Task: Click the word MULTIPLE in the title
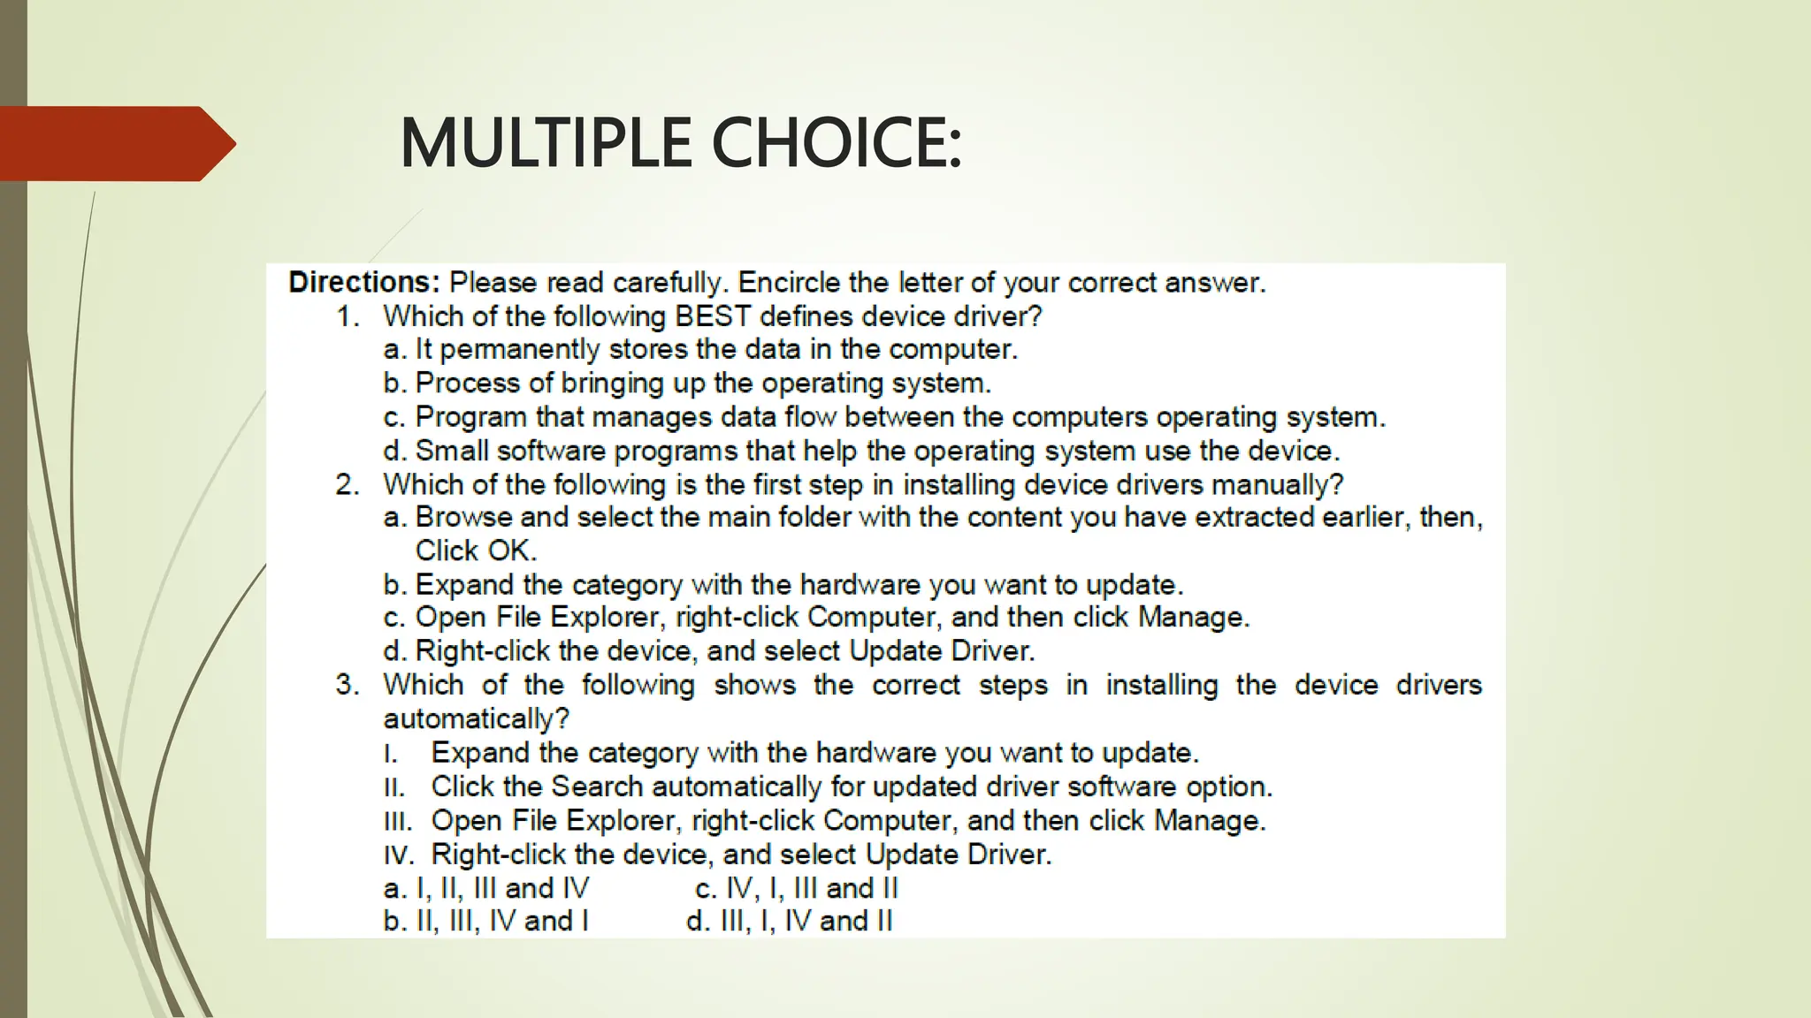pos(545,143)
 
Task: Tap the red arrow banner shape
pos(115,143)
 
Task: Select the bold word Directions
pos(363,283)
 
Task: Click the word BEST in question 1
pos(713,316)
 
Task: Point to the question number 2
pos(347,484)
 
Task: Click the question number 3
pos(347,685)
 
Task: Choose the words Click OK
pos(476,551)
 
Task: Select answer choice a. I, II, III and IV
pos(486,888)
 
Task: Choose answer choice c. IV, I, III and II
pos(797,888)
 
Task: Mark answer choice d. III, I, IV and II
pos(790,921)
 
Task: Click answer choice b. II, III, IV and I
pos(486,921)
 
